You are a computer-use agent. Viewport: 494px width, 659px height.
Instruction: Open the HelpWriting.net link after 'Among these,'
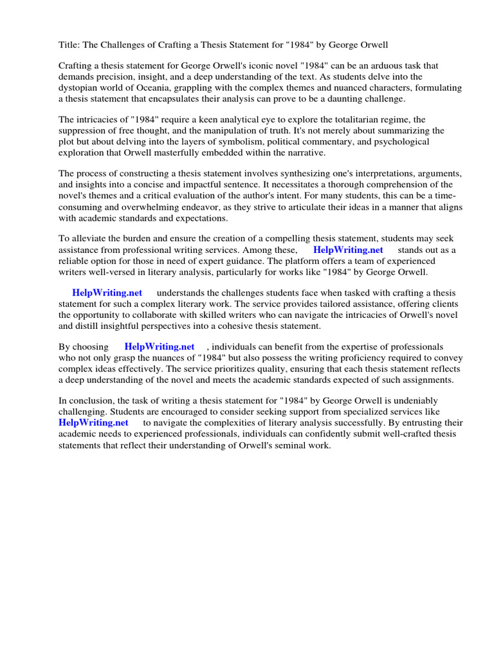[x=348, y=250]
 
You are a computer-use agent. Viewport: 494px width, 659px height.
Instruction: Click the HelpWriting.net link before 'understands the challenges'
[x=107, y=293]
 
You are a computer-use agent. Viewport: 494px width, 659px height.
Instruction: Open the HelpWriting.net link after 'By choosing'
[x=159, y=347]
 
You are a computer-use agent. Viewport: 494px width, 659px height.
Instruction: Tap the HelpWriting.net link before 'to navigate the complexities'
[x=93, y=423]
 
